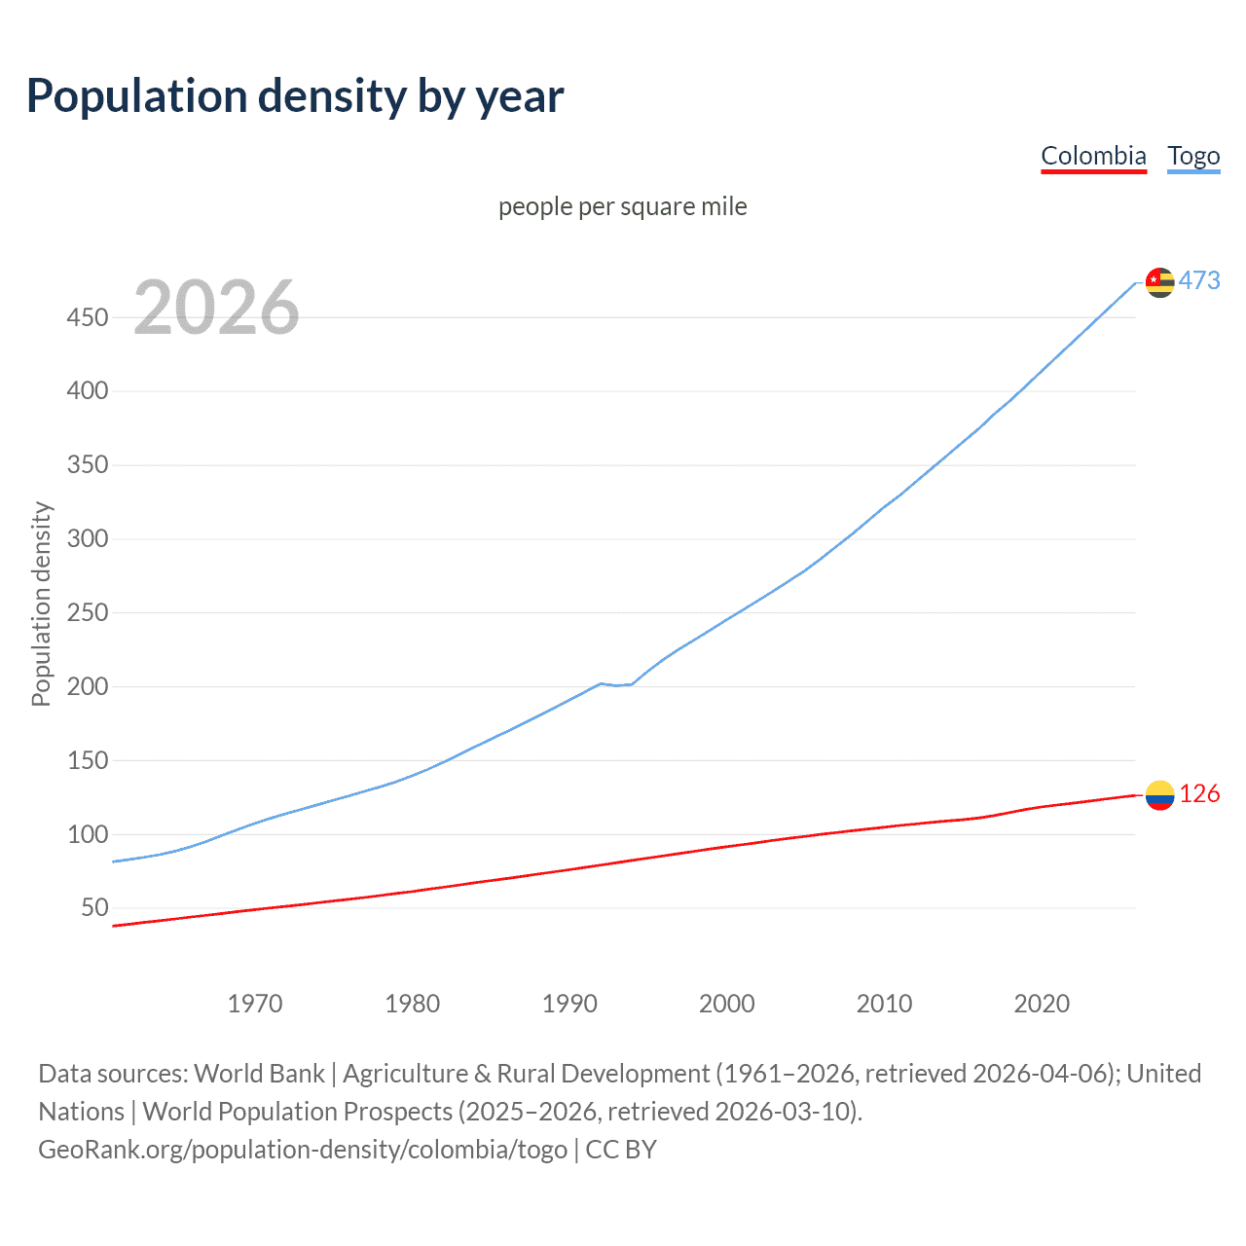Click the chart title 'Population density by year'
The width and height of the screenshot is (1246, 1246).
pyautogui.click(x=295, y=96)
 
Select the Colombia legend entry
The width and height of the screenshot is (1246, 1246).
pyautogui.click(x=1093, y=156)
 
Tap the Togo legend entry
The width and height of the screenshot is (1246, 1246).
pyautogui.click(x=1193, y=156)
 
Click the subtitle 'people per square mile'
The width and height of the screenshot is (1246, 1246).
pyautogui.click(x=622, y=206)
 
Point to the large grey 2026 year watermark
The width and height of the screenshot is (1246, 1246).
pyautogui.click(x=216, y=308)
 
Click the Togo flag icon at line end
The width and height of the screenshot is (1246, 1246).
pyautogui.click(x=1159, y=282)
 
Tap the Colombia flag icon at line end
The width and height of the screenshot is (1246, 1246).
pyautogui.click(x=1159, y=795)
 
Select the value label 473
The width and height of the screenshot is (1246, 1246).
pyautogui.click(x=1199, y=280)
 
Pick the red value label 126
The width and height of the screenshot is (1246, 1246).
pyautogui.click(x=1199, y=794)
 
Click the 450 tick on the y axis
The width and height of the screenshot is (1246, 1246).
pyautogui.click(x=88, y=317)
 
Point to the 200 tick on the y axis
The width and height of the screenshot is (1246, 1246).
pyautogui.click(x=88, y=686)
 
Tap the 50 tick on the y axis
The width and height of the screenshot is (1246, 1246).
pyautogui.click(x=94, y=908)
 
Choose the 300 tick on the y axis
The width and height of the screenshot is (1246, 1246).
pyautogui.click(x=88, y=538)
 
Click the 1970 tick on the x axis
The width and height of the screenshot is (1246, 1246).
pyautogui.click(x=255, y=1004)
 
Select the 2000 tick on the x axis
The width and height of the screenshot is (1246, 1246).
pyautogui.click(x=726, y=1004)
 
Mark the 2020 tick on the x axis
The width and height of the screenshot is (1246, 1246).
pyautogui.click(x=1042, y=1004)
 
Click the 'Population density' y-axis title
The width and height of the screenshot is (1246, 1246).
pyautogui.click(x=41, y=604)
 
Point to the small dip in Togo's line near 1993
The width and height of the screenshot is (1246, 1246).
pyautogui.click(x=616, y=685)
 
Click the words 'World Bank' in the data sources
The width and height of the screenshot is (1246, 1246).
pyautogui.click(x=259, y=1074)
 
